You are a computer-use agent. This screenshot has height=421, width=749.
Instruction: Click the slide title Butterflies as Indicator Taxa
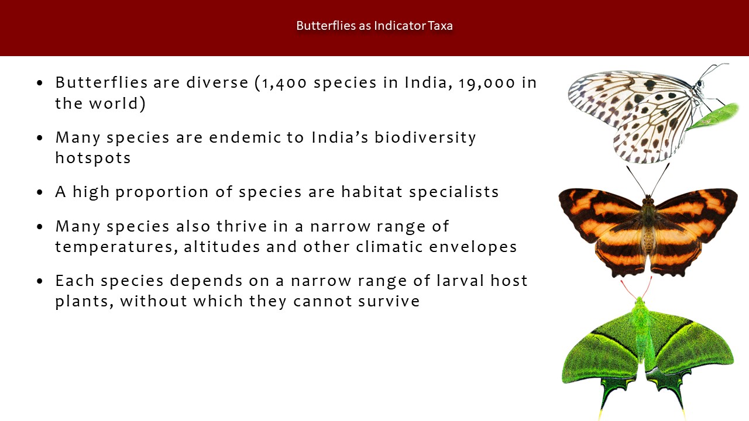374,26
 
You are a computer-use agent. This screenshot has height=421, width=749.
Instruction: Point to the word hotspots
92,158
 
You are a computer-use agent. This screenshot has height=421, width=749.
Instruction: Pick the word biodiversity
425,138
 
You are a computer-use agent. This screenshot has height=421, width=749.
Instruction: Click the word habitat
372,192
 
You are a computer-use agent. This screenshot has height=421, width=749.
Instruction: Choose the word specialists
453,192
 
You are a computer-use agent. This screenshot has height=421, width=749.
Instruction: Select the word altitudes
222,247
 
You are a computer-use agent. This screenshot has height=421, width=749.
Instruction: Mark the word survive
389,301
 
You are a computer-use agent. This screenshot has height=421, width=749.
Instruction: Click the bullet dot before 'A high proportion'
40,192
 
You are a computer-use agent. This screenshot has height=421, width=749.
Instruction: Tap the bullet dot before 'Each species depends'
40,281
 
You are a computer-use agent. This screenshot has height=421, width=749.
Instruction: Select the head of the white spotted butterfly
699,84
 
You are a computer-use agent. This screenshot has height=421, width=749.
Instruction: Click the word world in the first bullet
114,103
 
